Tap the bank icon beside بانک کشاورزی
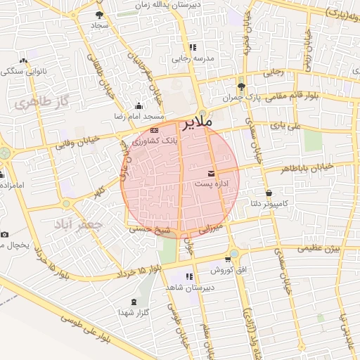point(155,130)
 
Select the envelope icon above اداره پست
point(212,173)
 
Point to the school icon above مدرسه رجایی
point(191,47)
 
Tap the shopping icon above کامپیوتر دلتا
point(269,193)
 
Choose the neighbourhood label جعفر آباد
point(78,226)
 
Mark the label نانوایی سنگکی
point(24,72)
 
